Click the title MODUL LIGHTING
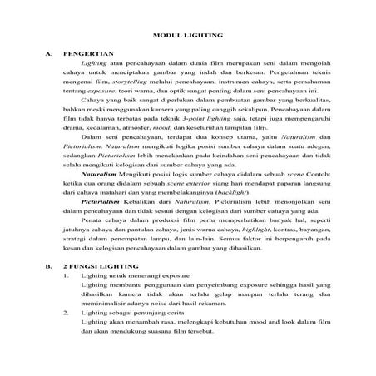click(x=188, y=36)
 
